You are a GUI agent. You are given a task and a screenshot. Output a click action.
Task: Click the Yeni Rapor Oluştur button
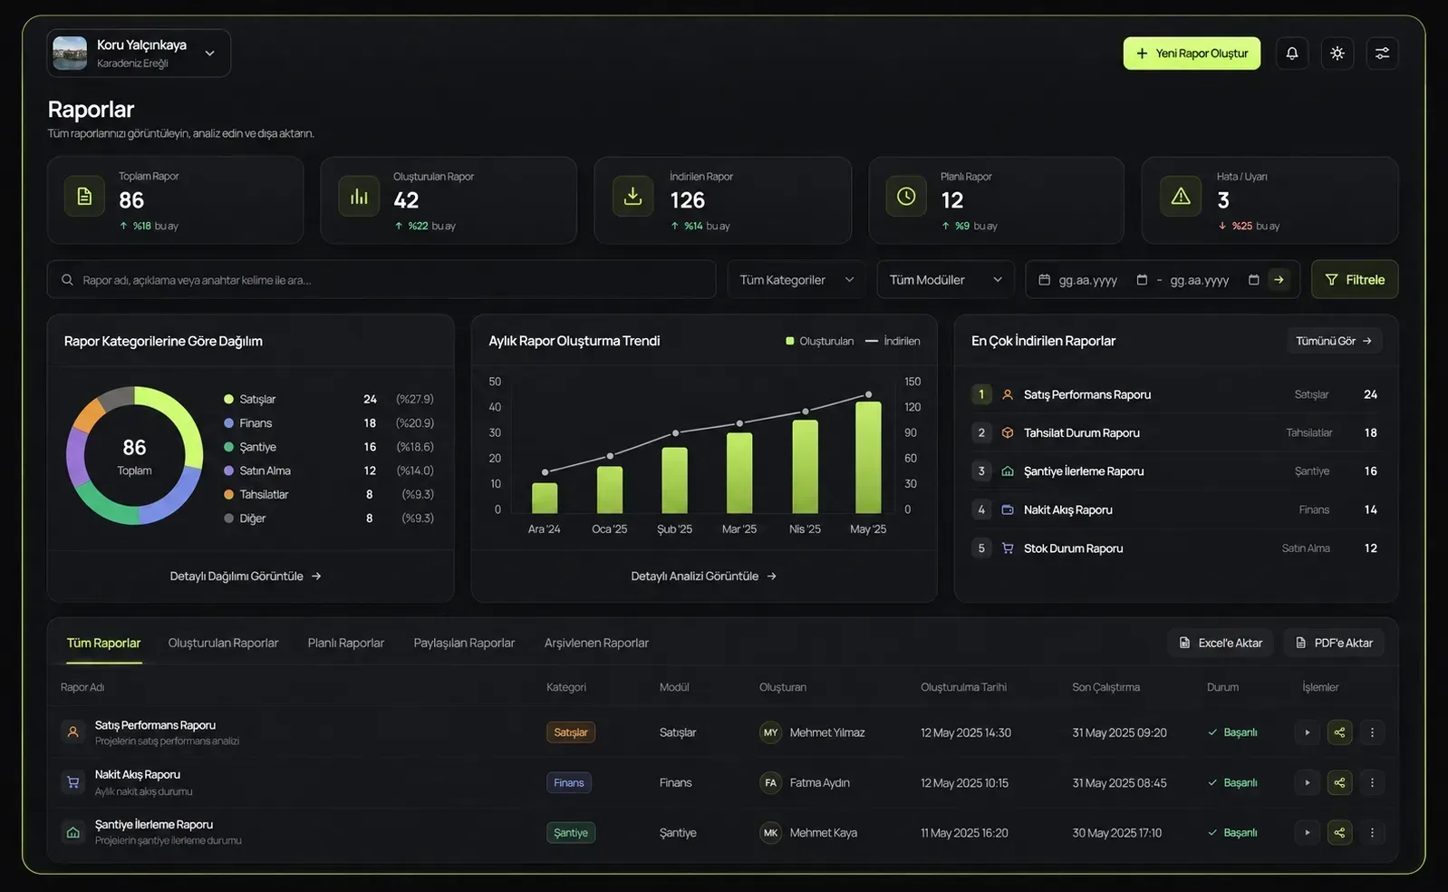click(x=1192, y=53)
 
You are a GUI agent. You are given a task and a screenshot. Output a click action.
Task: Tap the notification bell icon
click(x=1291, y=53)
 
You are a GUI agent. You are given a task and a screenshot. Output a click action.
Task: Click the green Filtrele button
click(x=1355, y=279)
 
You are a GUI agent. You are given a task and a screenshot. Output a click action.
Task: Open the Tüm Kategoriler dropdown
click(x=796, y=279)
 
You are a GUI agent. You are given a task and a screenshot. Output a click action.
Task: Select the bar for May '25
click(x=868, y=457)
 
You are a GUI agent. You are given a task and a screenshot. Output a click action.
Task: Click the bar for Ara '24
click(x=545, y=498)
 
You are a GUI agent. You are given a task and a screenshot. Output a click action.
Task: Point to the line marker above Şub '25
click(x=675, y=432)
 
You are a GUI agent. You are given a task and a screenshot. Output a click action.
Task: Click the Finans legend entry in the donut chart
click(x=256, y=423)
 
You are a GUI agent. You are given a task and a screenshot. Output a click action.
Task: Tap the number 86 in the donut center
click(x=134, y=447)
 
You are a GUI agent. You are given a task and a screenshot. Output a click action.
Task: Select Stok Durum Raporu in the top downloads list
click(x=1073, y=548)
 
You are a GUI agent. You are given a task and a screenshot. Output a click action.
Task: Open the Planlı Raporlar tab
click(x=346, y=643)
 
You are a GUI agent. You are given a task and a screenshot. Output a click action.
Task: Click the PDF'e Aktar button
click(x=1334, y=643)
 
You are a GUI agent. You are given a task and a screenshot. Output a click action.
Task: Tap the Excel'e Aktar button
click(x=1220, y=643)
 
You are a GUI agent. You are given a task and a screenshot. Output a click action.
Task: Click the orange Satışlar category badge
click(x=570, y=732)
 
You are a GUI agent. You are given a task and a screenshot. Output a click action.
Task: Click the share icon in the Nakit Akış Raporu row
click(x=1339, y=782)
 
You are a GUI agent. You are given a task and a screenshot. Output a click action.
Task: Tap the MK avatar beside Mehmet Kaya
click(x=770, y=832)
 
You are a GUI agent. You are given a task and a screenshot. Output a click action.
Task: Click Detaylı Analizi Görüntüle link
click(x=703, y=576)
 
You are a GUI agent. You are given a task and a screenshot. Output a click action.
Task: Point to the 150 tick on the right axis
click(x=912, y=382)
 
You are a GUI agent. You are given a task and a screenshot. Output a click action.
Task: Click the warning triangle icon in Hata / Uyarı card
click(x=1181, y=196)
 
